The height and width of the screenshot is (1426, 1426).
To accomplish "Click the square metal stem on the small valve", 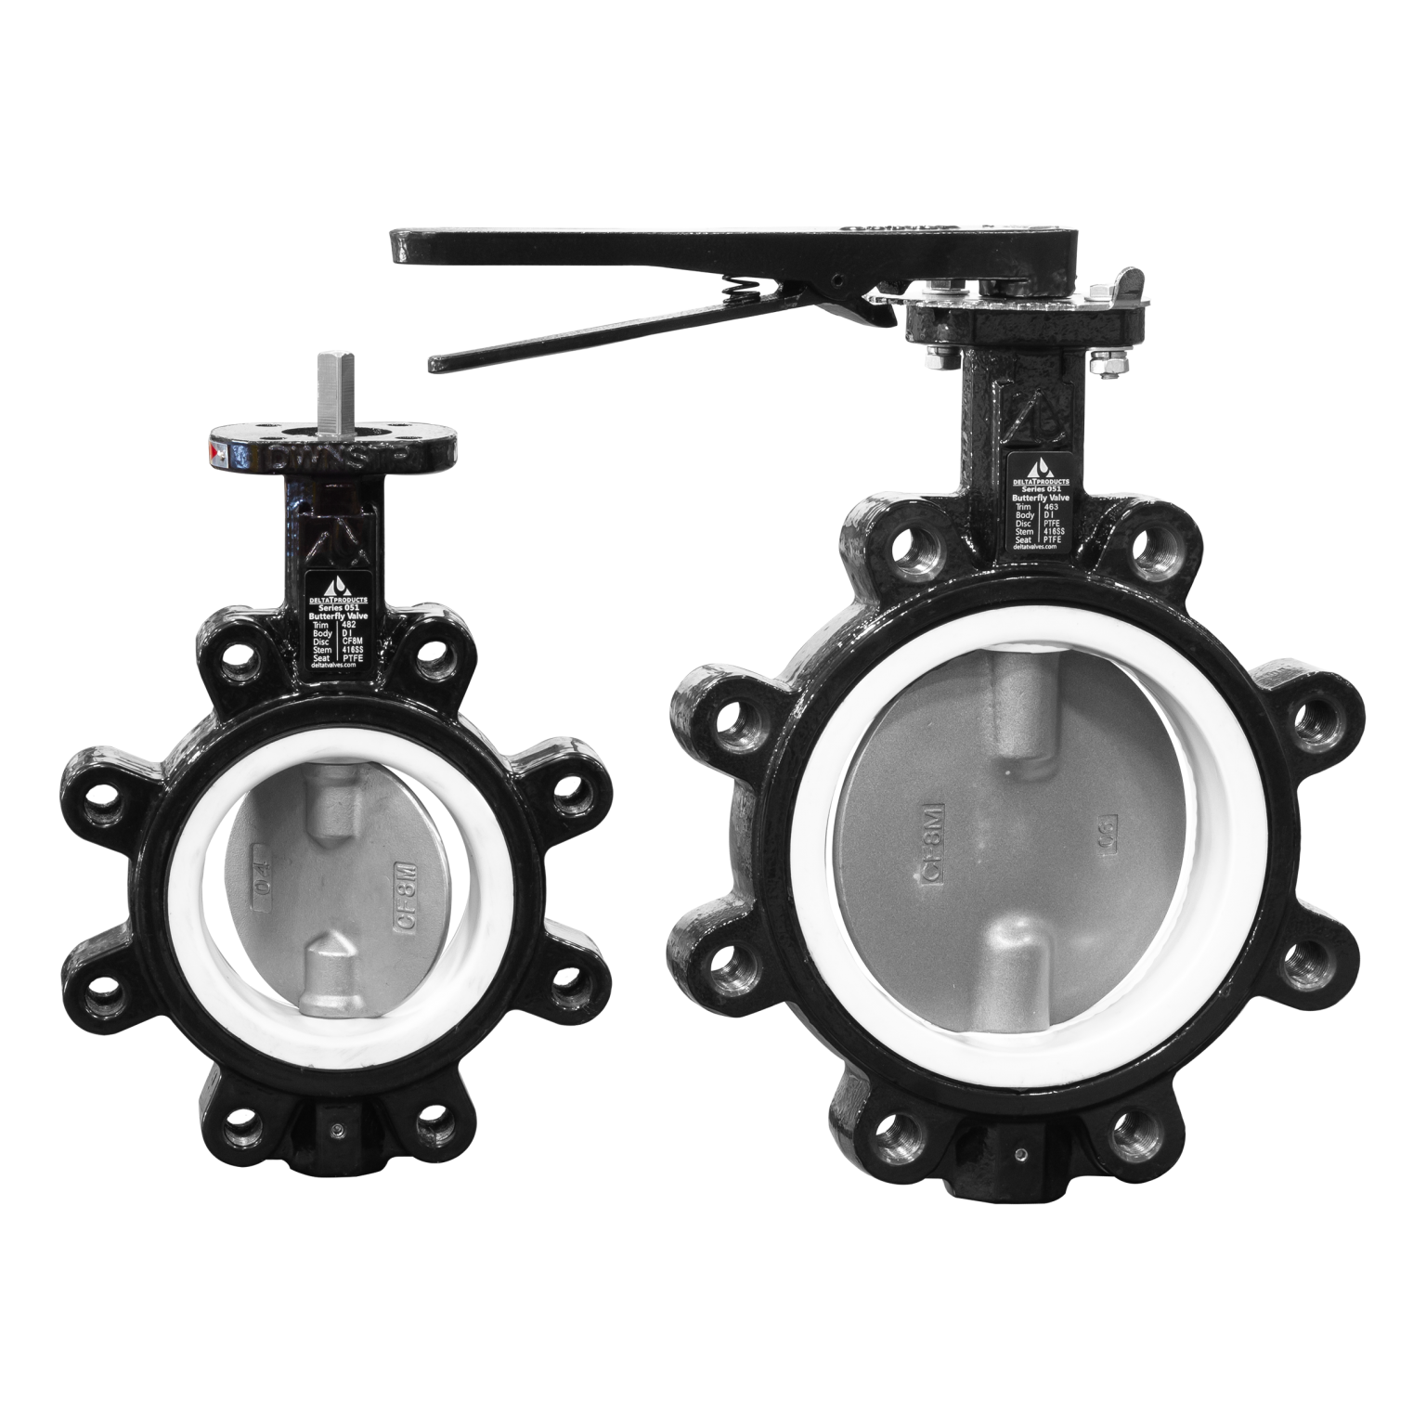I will (x=332, y=391).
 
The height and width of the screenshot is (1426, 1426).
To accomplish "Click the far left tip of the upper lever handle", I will (x=394, y=245).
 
